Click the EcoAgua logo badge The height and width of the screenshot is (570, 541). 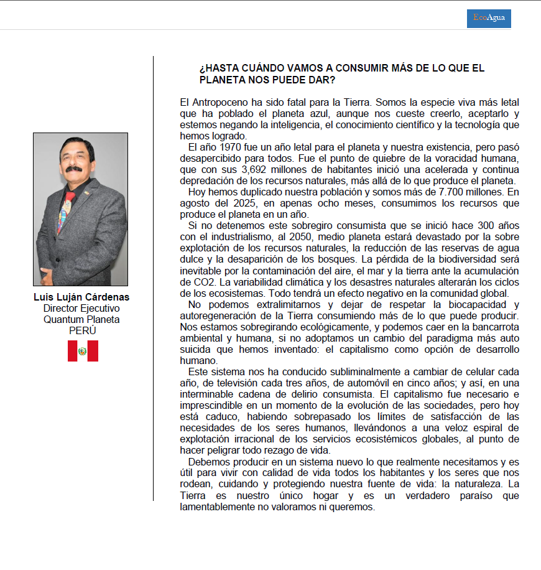point(489,18)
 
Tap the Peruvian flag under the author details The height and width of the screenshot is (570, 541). point(83,351)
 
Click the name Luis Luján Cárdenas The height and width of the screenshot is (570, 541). point(81,297)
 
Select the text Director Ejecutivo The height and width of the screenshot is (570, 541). point(81,309)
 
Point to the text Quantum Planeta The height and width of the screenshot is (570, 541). point(81,319)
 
